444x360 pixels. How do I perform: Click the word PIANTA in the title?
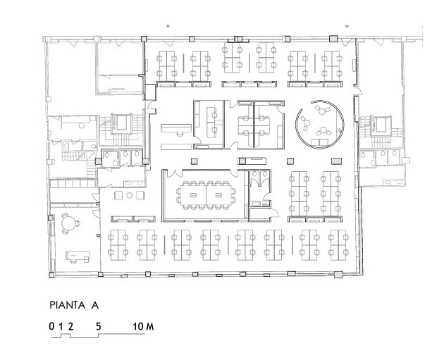(68, 305)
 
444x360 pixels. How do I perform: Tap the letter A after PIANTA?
(94, 305)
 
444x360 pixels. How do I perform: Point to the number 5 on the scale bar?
(98, 327)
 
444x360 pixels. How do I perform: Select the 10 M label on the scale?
(144, 327)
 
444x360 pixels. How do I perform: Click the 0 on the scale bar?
(51, 327)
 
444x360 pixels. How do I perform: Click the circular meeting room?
(320, 124)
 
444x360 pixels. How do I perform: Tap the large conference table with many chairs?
(206, 195)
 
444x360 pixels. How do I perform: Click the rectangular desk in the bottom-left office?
(78, 256)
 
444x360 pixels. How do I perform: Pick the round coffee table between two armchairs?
(130, 195)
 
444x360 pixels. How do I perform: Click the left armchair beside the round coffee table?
(118, 195)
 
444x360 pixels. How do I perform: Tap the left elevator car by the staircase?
(122, 123)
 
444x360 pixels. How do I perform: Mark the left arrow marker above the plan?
(168, 26)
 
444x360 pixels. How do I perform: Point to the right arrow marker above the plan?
(347, 26)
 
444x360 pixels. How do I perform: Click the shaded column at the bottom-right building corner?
(338, 274)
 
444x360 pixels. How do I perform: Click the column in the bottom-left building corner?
(51, 275)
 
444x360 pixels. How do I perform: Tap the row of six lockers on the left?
(73, 184)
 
